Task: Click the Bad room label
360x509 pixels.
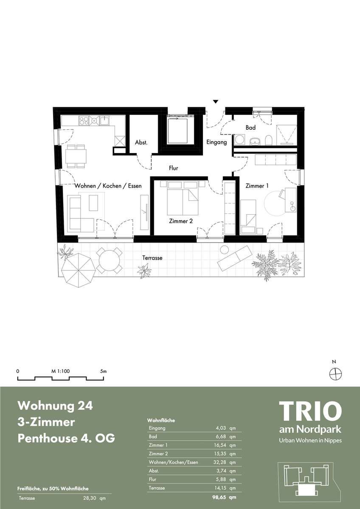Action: click(250, 128)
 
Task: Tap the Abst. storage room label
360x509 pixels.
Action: click(141, 143)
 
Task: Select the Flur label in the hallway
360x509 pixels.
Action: click(173, 168)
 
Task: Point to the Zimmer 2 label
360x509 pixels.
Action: click(181, 221)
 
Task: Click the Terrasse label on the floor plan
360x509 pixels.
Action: click(152, 258)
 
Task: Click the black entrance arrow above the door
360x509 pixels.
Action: click(216, 102)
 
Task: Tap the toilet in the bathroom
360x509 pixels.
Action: click(269, 140)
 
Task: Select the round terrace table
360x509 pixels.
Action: click(109, 260)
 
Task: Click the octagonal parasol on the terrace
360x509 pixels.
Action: click(79, 270)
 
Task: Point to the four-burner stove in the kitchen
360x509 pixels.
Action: click(84, 120)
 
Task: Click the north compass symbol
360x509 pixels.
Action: click(336, 373)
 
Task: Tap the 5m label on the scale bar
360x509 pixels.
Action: click(103, 371)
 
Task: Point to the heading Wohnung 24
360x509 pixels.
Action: click(55, 406)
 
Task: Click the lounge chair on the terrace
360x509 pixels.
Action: click(235, 258)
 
